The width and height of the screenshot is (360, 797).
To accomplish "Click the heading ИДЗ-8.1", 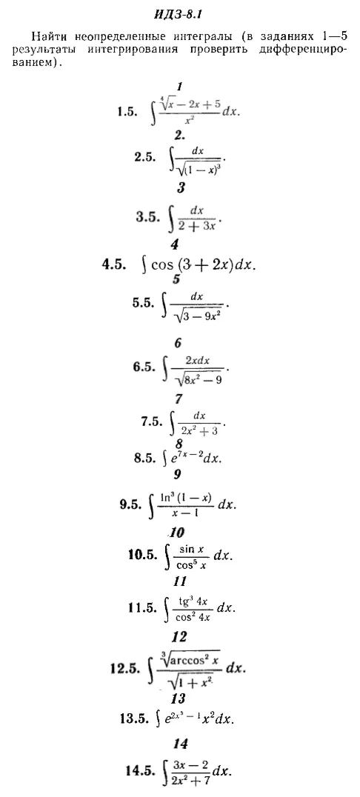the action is (x=171, y=14).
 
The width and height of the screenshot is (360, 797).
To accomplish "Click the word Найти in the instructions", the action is (x=48, y=36).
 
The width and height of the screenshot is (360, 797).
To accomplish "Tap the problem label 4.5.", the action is (x=114, y=265).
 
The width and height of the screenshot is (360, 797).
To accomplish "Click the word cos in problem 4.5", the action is (x=163, y=266).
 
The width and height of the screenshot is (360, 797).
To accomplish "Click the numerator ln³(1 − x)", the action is (x=186, y=497).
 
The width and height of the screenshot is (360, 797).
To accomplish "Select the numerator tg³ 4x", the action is (x=192, y=601).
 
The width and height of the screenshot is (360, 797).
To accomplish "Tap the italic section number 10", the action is (x=178, y=533).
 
